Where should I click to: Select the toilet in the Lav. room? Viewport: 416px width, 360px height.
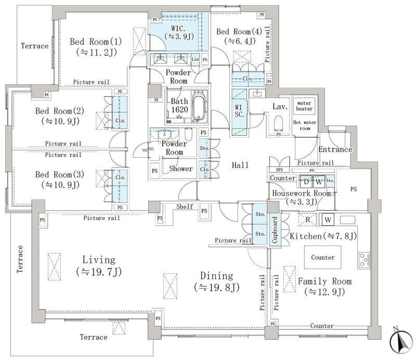[278, 123]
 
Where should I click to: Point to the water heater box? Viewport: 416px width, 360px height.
[304, 105]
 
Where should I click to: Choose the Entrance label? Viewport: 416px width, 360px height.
[335, 150]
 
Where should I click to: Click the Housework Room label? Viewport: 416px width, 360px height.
[302, 193]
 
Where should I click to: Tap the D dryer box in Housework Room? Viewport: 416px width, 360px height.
[306, 182]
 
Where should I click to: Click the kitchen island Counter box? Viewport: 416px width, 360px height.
[322, 258]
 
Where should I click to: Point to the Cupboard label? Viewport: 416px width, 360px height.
[275, 230]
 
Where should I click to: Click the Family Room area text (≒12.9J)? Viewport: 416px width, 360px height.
[324, 292]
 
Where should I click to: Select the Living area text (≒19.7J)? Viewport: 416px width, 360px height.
[98, 271]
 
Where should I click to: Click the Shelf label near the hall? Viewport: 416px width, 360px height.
[185, 207]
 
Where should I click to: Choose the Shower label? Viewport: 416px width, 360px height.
[180, 169]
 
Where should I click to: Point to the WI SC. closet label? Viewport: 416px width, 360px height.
[240, 111]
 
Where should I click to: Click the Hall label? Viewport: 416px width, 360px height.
[240, 165]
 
